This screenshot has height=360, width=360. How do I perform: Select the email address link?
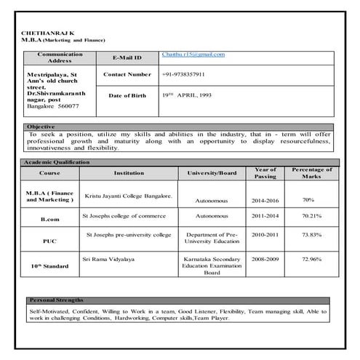193,55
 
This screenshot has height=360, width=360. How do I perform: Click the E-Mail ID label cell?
127,57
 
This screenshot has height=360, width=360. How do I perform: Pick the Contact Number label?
127,74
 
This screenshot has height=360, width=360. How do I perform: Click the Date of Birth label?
127,95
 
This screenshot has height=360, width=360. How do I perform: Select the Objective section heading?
41,127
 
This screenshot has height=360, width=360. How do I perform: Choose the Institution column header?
129,173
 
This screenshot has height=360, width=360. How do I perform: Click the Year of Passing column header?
265,173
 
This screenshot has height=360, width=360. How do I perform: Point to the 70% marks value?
308,199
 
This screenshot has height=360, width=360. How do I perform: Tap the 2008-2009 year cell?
264,258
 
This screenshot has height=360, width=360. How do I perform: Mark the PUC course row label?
49,239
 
